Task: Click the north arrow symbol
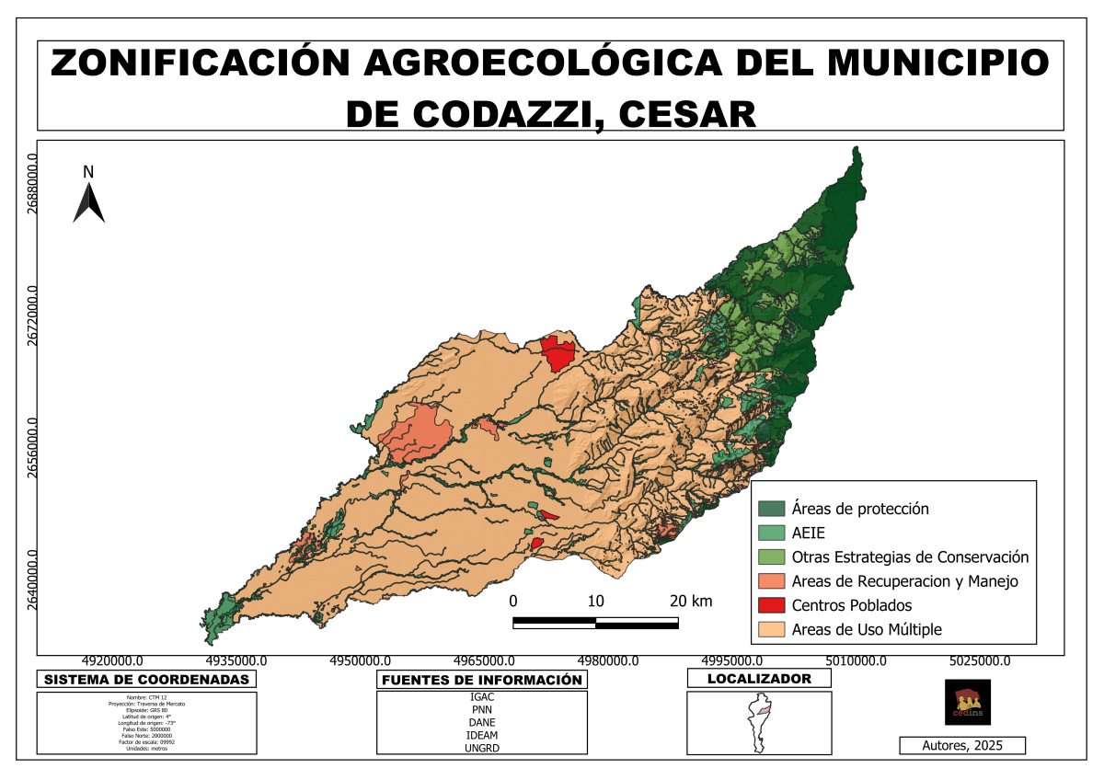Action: pyautogui.click(x=89, y=202)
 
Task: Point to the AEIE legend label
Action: pyautogui.click(x=809, y=533)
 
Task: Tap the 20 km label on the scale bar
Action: pyautogui.click(x=691, y=602)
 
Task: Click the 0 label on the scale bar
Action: pyautogui.click(x=513, y=602)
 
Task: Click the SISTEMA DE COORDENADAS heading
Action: pyautogui.click(x=147, y=680)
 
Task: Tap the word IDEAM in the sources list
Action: pyautogui.click(x=482, y=735)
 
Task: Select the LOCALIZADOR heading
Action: pyautogui.click(x=759, y=679)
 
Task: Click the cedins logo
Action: pyautogui.click(x=968, y=702)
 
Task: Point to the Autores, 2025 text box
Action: pyautogui.click(x=961, y=745)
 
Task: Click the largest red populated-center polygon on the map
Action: pyautogui.click(x=557, y=353)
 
